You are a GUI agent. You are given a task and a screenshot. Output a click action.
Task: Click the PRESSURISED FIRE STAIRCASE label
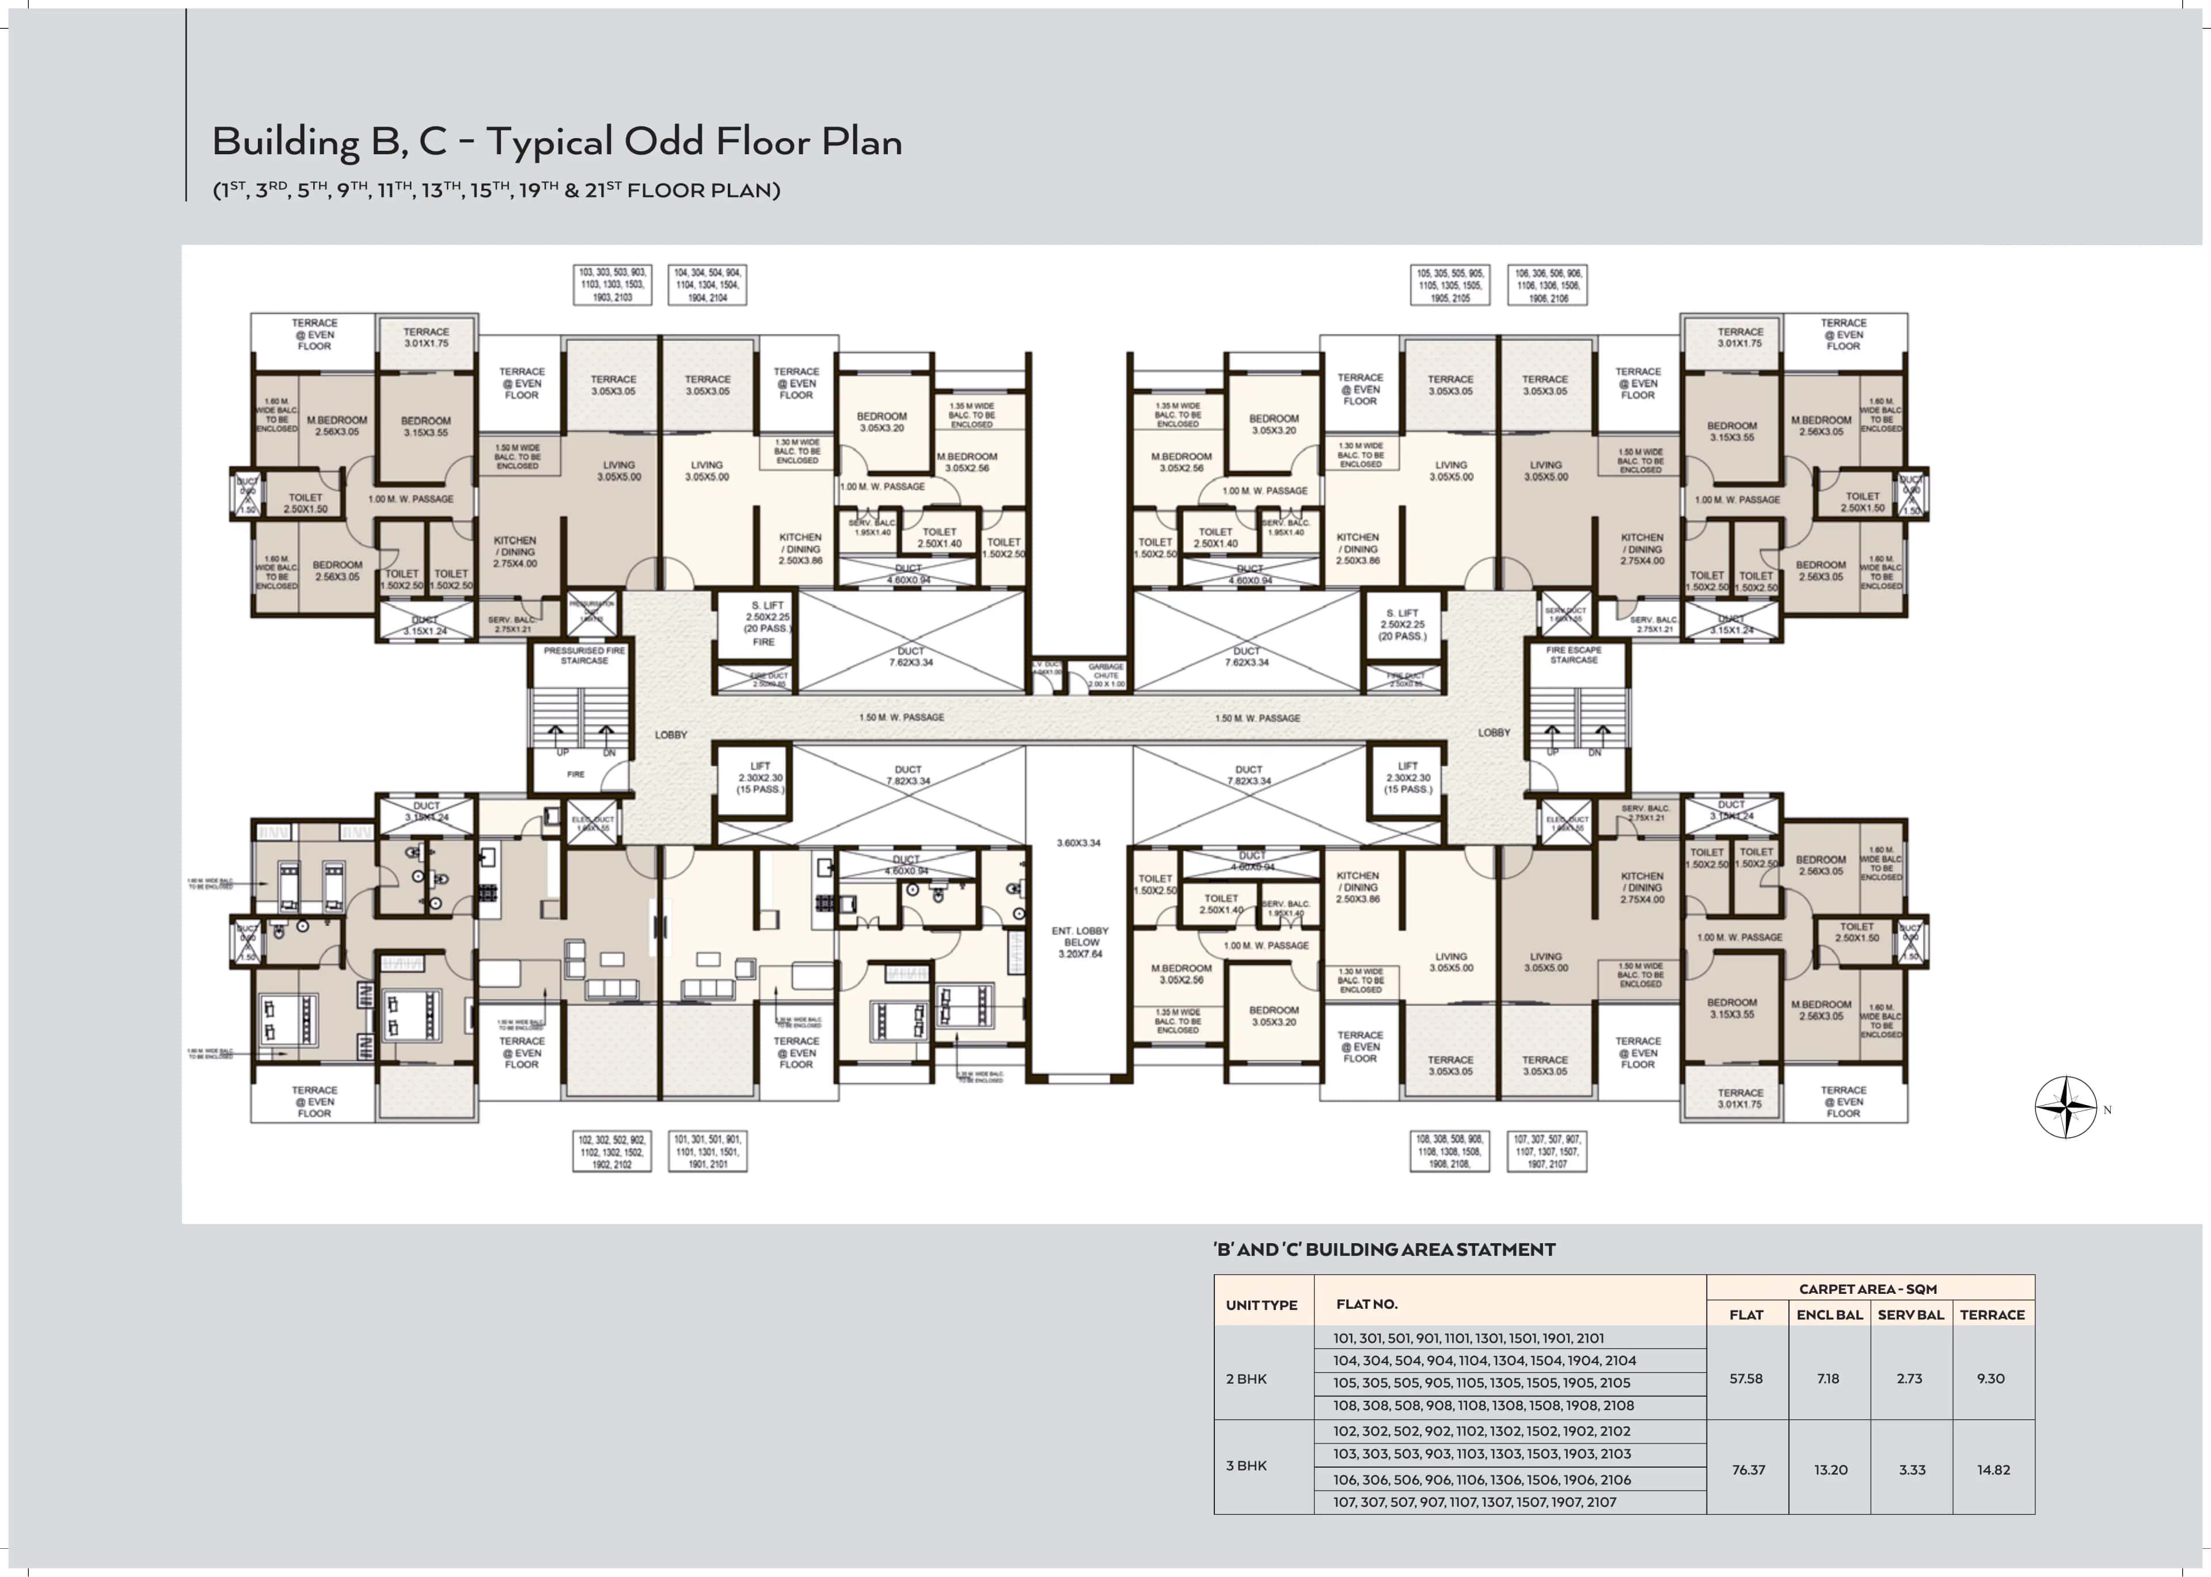pos(584,656)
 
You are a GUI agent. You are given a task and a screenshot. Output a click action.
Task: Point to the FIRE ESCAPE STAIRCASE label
pos(1574,654)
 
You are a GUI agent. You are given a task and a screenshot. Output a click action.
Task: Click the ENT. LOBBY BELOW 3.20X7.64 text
pos(1080,942)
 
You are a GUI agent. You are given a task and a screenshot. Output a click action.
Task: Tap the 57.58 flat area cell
pos(1746,1378)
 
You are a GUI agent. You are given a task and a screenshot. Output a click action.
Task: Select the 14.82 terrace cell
pos(1992,1469)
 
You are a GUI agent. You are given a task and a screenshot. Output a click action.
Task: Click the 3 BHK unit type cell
pos(1247,1465)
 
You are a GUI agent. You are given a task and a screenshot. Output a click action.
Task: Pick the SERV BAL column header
pos(1910,1315)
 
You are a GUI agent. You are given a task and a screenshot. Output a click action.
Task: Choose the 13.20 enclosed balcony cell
pos(1830,1469)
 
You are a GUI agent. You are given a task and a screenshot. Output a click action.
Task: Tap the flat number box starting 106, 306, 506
pos(1548,285)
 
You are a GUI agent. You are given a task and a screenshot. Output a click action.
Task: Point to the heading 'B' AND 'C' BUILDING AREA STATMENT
pos(1384,1250)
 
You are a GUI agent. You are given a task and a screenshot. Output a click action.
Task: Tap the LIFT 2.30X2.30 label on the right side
pos(1408,777)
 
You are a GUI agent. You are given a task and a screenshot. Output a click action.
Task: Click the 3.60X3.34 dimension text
pos(1078,843)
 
